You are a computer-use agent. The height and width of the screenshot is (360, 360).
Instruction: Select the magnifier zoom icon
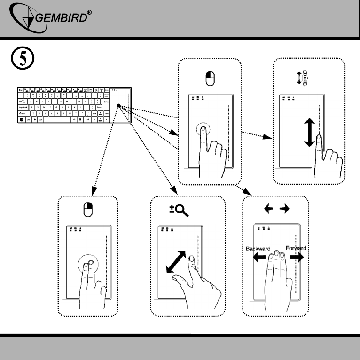tap(179, 211)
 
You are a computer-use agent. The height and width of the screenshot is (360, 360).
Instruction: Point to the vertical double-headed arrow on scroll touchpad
tap(309, 132)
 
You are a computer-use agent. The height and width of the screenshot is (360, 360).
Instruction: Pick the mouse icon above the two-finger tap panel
tap(86, 211)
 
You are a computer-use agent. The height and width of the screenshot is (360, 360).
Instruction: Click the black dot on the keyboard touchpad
tap(119, 106)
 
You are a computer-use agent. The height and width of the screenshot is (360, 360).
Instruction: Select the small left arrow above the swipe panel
tap(267, 211)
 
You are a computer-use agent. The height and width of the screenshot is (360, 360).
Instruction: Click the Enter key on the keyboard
tap(107, 102)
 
